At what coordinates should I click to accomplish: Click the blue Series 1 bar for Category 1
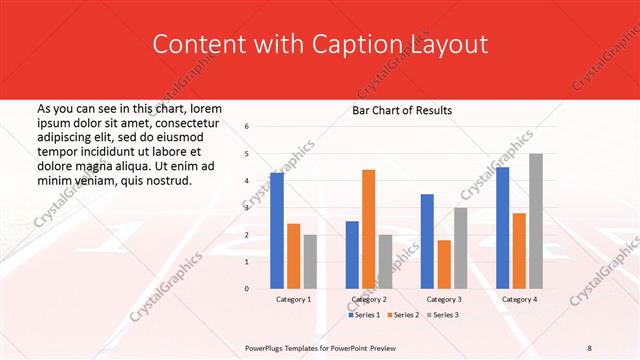[277, 231]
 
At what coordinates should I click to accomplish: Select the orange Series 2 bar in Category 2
[368, 229]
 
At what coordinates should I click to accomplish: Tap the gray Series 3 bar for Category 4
[536, 221]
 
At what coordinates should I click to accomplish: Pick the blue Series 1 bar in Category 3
[427, 241]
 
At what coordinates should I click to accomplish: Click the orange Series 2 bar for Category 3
[444, 264]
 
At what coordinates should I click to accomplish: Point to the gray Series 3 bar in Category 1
[310, 262]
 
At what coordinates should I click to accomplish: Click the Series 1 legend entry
[364, 315]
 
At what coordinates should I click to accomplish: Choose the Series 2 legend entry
[405, 315]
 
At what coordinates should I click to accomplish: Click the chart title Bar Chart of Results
[402, 110]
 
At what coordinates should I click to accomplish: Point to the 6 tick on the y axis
[247, 127]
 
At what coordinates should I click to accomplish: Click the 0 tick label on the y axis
[247, 289]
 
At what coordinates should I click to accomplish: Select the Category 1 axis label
[293, 299]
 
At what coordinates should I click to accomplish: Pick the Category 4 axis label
[519, 299]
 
